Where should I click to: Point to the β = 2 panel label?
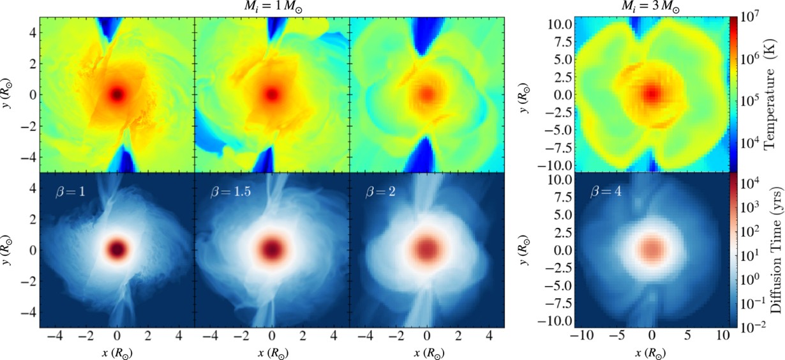(x=379, y=190)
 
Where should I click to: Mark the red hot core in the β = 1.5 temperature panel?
(x=272, y=94)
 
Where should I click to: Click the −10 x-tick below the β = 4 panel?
(x=580, y=336)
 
